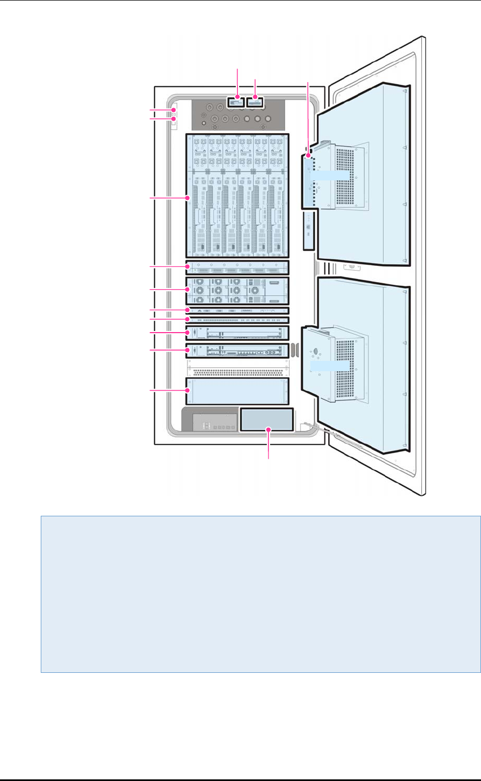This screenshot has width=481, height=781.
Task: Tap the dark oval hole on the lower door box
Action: (315, 351)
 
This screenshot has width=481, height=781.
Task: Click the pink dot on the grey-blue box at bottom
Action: (268, 429)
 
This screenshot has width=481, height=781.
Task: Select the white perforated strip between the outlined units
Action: (236, 371)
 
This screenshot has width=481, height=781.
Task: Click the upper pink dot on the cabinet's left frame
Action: (173, 110)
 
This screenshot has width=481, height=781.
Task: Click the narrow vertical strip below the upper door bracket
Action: (308, 230)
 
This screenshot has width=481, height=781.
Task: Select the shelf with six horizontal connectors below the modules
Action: (236, 268)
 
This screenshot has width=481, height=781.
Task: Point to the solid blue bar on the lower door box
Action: (330, 366)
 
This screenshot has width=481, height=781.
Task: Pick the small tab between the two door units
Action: (351, 267)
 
